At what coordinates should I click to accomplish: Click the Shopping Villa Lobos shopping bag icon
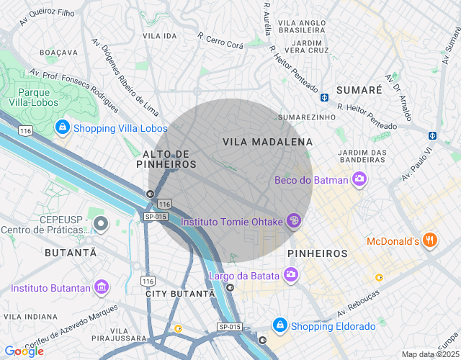point(63,128)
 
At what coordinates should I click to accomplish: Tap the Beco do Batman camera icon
point(359,180)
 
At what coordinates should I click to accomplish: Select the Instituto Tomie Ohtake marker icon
point(293,221)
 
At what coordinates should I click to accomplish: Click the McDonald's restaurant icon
point(430,240)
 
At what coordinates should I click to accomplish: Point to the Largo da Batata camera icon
point(291,274)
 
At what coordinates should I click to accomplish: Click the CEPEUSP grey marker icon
point(101,224)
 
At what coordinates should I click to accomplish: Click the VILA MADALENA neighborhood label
point(268,143)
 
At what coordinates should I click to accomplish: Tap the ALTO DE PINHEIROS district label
point(169,159)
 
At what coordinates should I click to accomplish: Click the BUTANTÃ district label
point(70,253)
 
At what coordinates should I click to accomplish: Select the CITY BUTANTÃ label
point(180,294)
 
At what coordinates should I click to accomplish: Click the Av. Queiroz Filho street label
point(47,13)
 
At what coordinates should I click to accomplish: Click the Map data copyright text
point(429,354)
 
